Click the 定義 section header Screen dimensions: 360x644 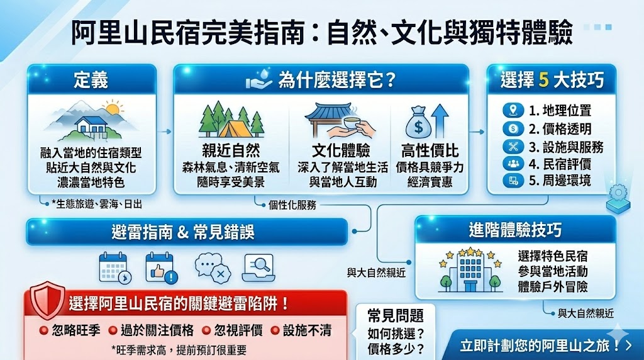coord(91,80)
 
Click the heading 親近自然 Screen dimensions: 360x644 coord(231,151)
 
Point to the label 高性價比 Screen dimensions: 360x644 coord(430,151)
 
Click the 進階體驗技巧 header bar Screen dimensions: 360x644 coord(514,230)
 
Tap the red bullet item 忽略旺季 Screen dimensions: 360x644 coord(69,330)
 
